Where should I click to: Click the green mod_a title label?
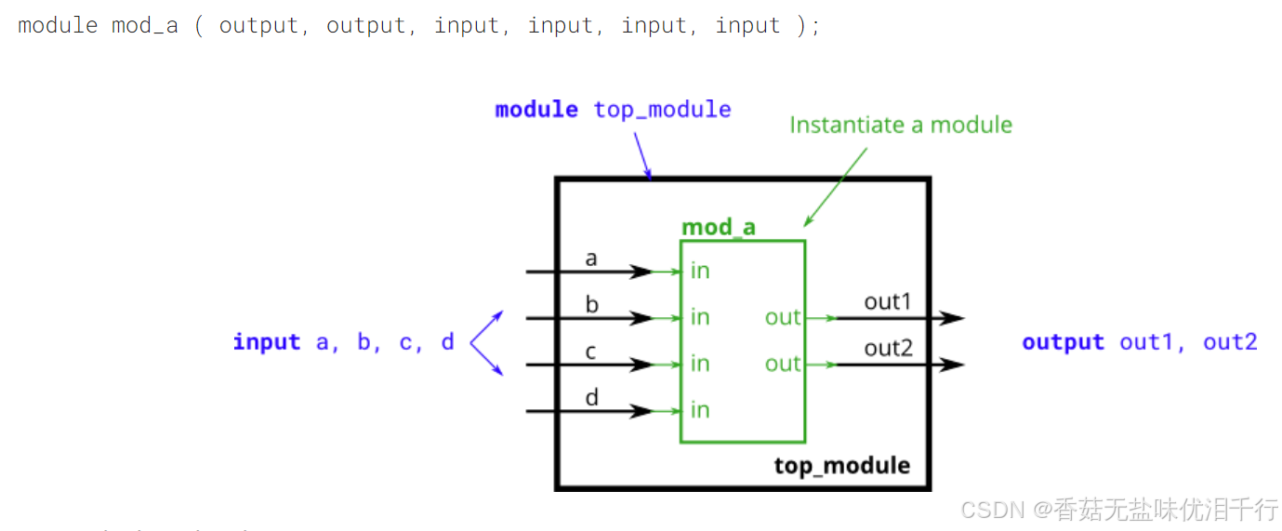point(718,227)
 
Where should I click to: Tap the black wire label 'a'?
point(591,259)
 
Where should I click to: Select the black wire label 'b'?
point(592,304)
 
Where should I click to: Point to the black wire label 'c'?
point(591,352)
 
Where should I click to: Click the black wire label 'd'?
point(592,397)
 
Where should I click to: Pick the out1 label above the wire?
point(888,301)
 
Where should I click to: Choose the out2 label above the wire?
point(888,348)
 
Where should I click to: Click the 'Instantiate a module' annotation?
point(900,125)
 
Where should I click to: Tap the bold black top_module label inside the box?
point(841,465)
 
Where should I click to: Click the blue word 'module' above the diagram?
point(536,110)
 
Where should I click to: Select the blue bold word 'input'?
point(267,342)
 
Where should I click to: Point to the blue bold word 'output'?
point(1063,342)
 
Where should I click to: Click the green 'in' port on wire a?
point(700,271)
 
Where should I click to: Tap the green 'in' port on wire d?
point(700,410)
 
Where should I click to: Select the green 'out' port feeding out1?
point(783,317)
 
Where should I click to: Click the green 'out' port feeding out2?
point(783,364)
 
